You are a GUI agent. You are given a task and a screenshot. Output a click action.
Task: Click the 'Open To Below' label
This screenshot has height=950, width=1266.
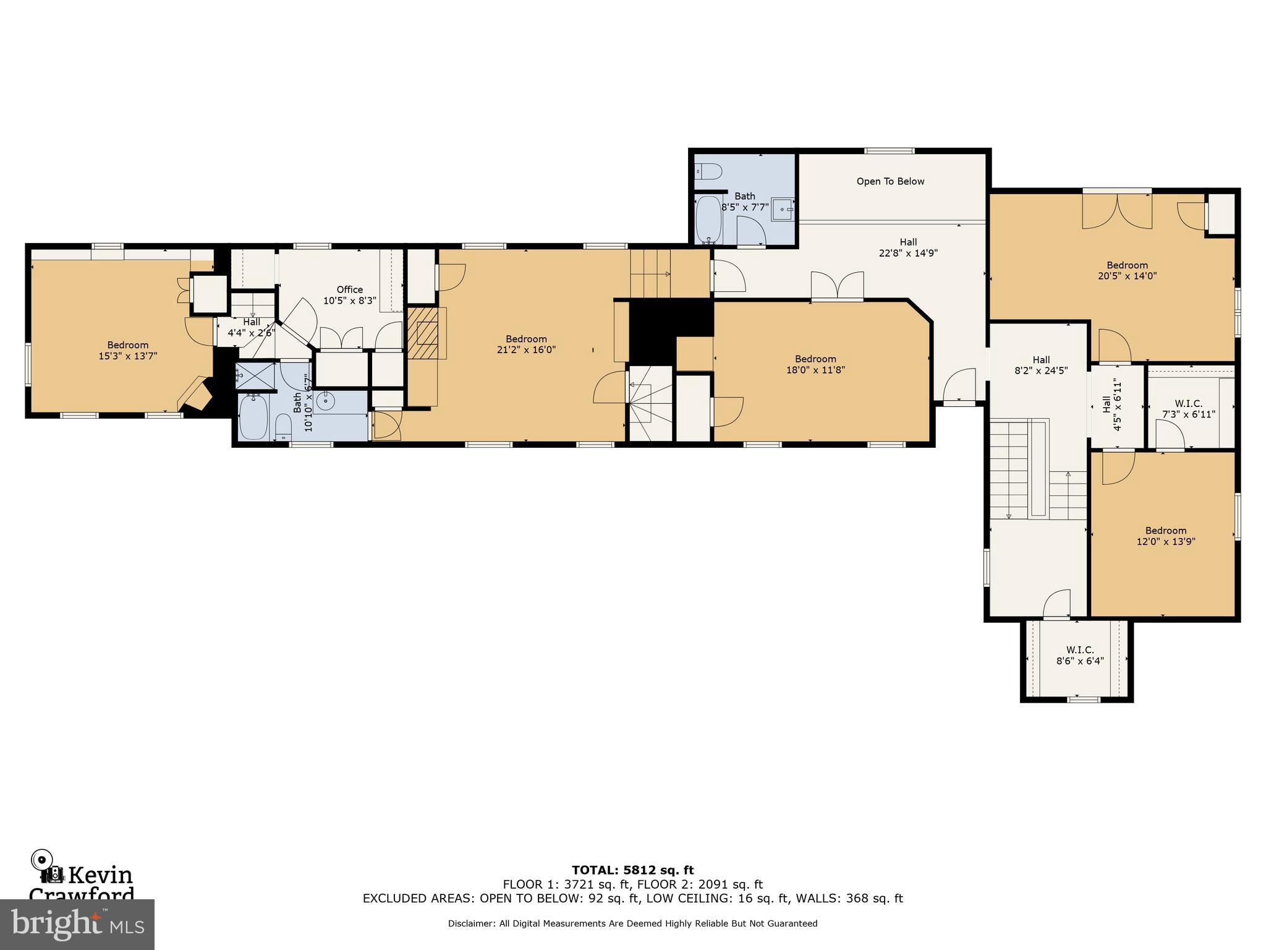coord(890,181)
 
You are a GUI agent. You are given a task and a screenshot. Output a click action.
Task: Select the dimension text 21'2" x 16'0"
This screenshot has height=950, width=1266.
coord(526,349)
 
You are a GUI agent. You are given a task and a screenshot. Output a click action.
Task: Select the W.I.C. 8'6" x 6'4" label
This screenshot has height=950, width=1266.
coord(1079,655)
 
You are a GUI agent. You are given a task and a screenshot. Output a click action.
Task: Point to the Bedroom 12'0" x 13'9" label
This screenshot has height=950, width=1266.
coord(1165,536)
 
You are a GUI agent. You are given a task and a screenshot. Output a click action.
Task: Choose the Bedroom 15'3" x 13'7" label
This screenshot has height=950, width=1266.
coord(128,350)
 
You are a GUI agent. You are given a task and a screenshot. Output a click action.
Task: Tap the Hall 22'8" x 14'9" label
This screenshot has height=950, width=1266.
coord(908,247)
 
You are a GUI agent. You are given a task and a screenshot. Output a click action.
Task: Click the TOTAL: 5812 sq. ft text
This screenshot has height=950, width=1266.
coord(632,870)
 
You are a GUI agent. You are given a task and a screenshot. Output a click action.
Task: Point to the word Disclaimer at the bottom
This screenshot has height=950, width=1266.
coord(471,923)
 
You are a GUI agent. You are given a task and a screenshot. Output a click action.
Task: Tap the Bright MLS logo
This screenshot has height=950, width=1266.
coord(77,924)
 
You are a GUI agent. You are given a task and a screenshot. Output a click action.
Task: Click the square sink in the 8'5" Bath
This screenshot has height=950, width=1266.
coord(784,210)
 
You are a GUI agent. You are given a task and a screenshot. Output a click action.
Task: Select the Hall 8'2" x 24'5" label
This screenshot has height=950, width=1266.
coord(1041,365)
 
